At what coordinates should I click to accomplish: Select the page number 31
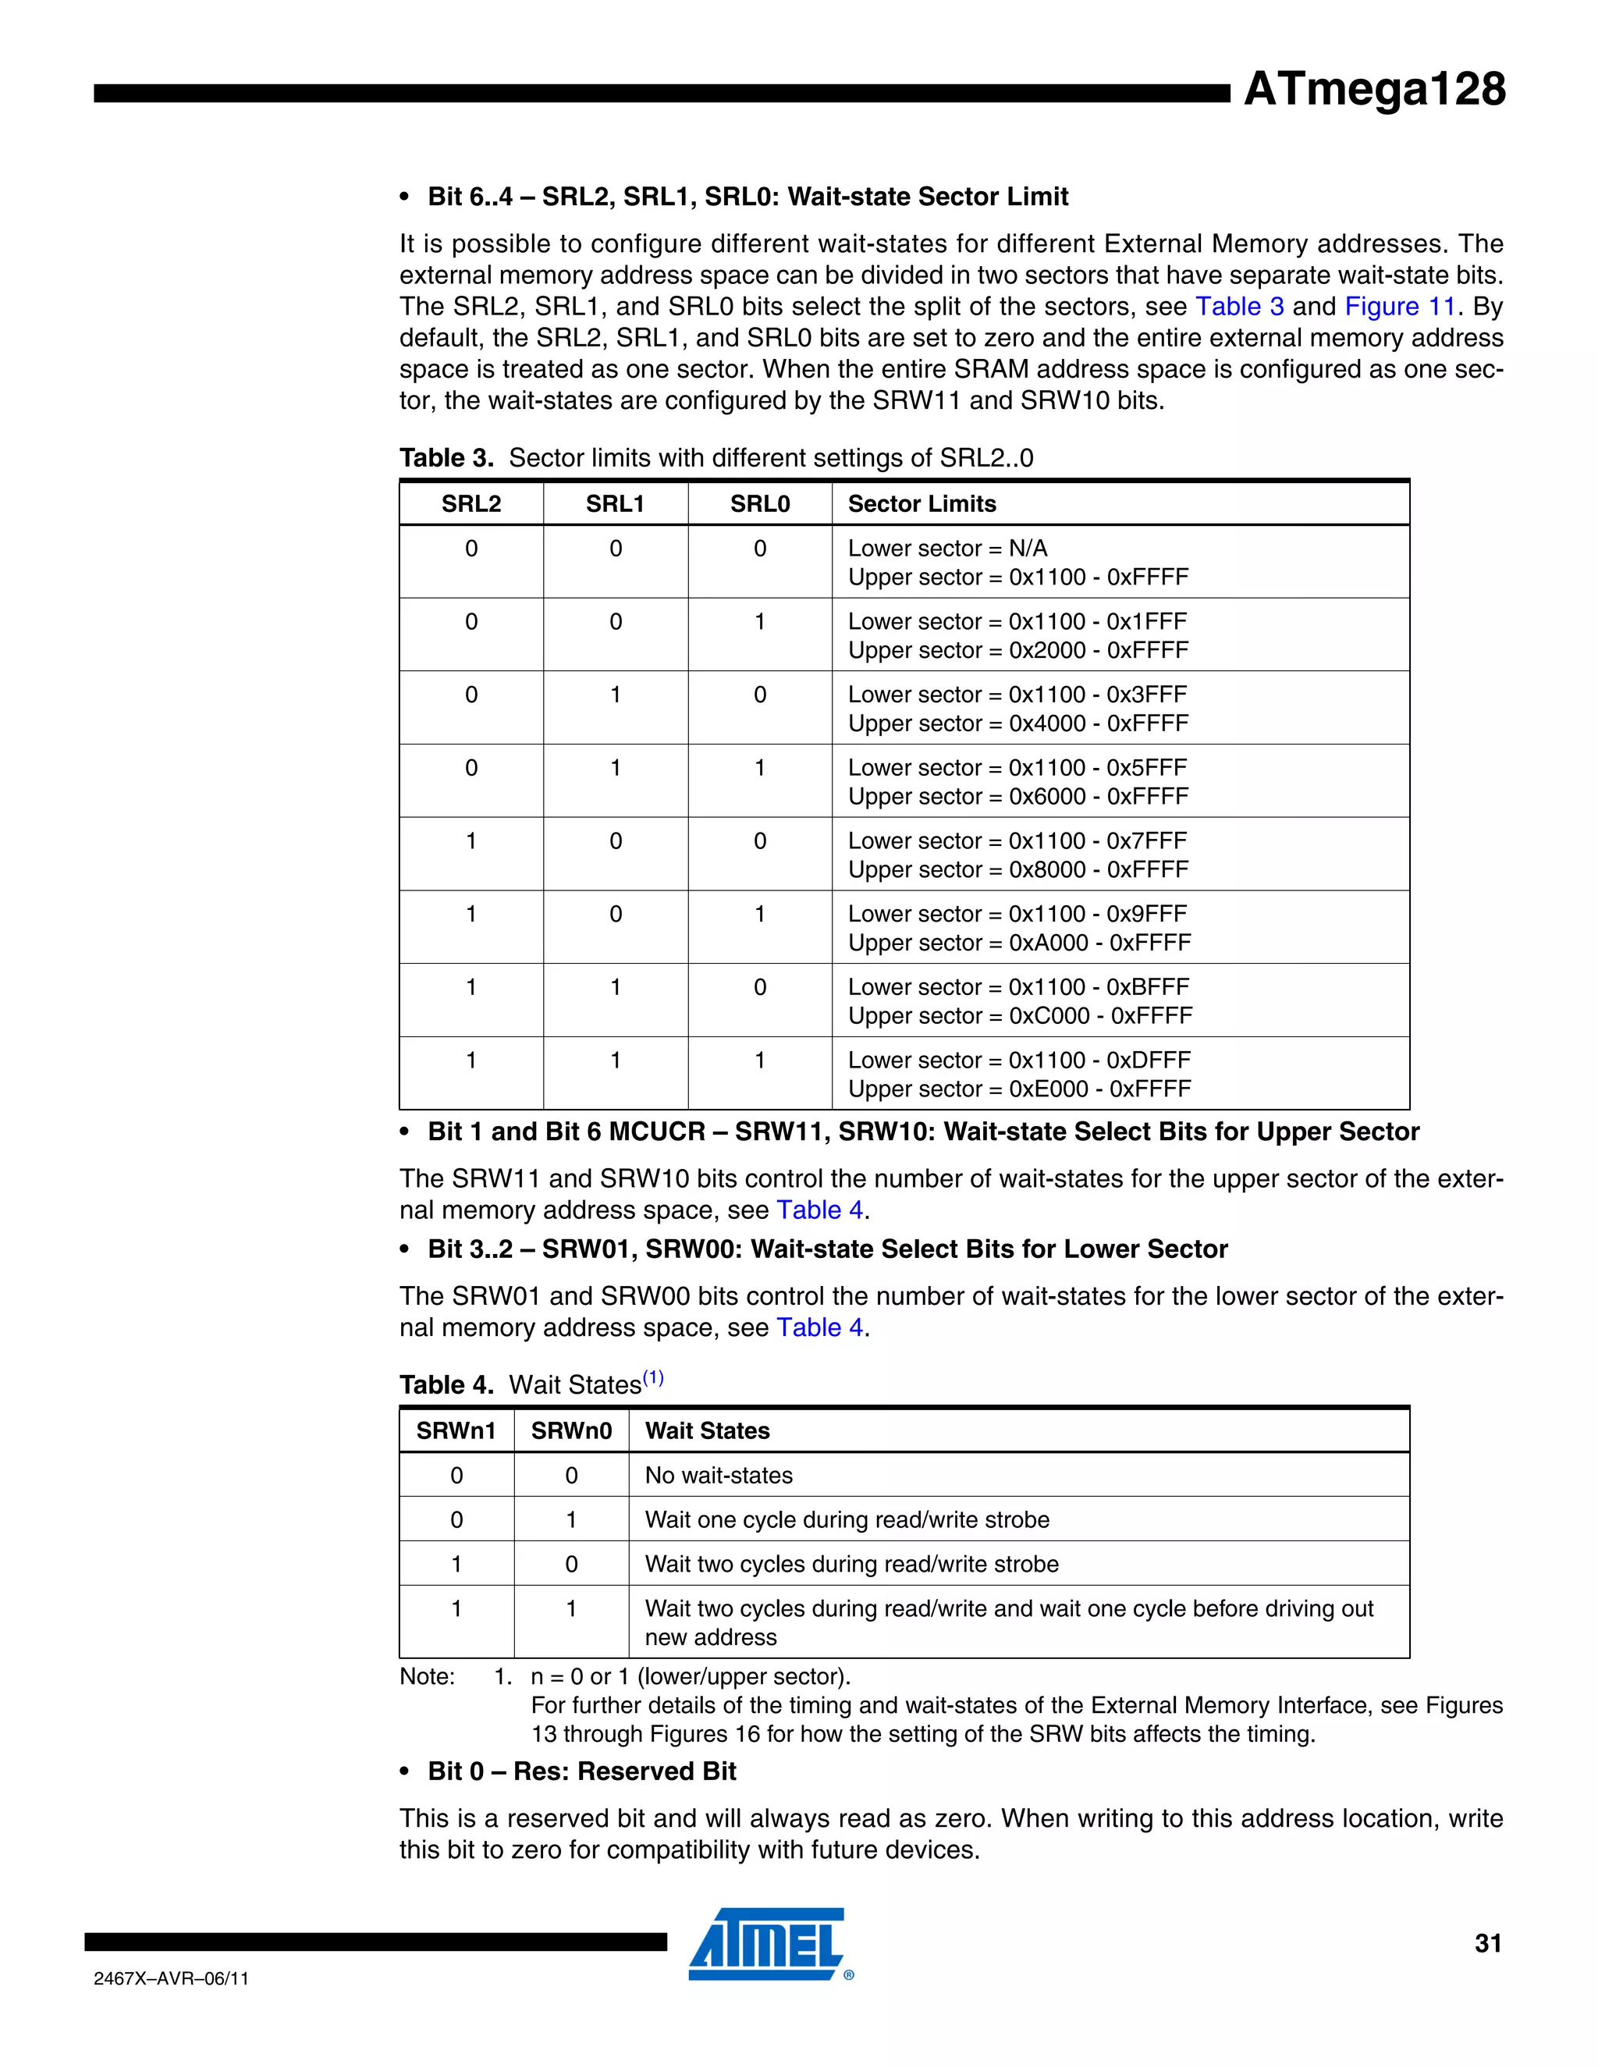point(1487,1943)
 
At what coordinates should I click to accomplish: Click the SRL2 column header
point(471,504)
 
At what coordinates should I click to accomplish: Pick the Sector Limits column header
point(922,504)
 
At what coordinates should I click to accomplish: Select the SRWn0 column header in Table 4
point(571,1430)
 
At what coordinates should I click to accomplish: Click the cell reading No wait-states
point(719,1475)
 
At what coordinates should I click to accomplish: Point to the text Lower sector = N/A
point(946,549)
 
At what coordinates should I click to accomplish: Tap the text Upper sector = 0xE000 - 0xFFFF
point(1018,1089)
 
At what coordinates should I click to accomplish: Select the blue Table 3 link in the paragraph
point(1239,307)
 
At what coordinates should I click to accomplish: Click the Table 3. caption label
point(446,458)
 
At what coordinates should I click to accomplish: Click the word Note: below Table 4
point(427,1677)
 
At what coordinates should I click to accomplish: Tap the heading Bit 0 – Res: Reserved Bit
point(581,1771)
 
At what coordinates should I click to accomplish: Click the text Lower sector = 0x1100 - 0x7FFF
point(1017,840)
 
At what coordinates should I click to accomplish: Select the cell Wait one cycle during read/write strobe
point(847,1519)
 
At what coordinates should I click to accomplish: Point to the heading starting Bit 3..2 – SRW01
point(826,1249)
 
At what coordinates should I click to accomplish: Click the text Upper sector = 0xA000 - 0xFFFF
point(1018,943)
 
